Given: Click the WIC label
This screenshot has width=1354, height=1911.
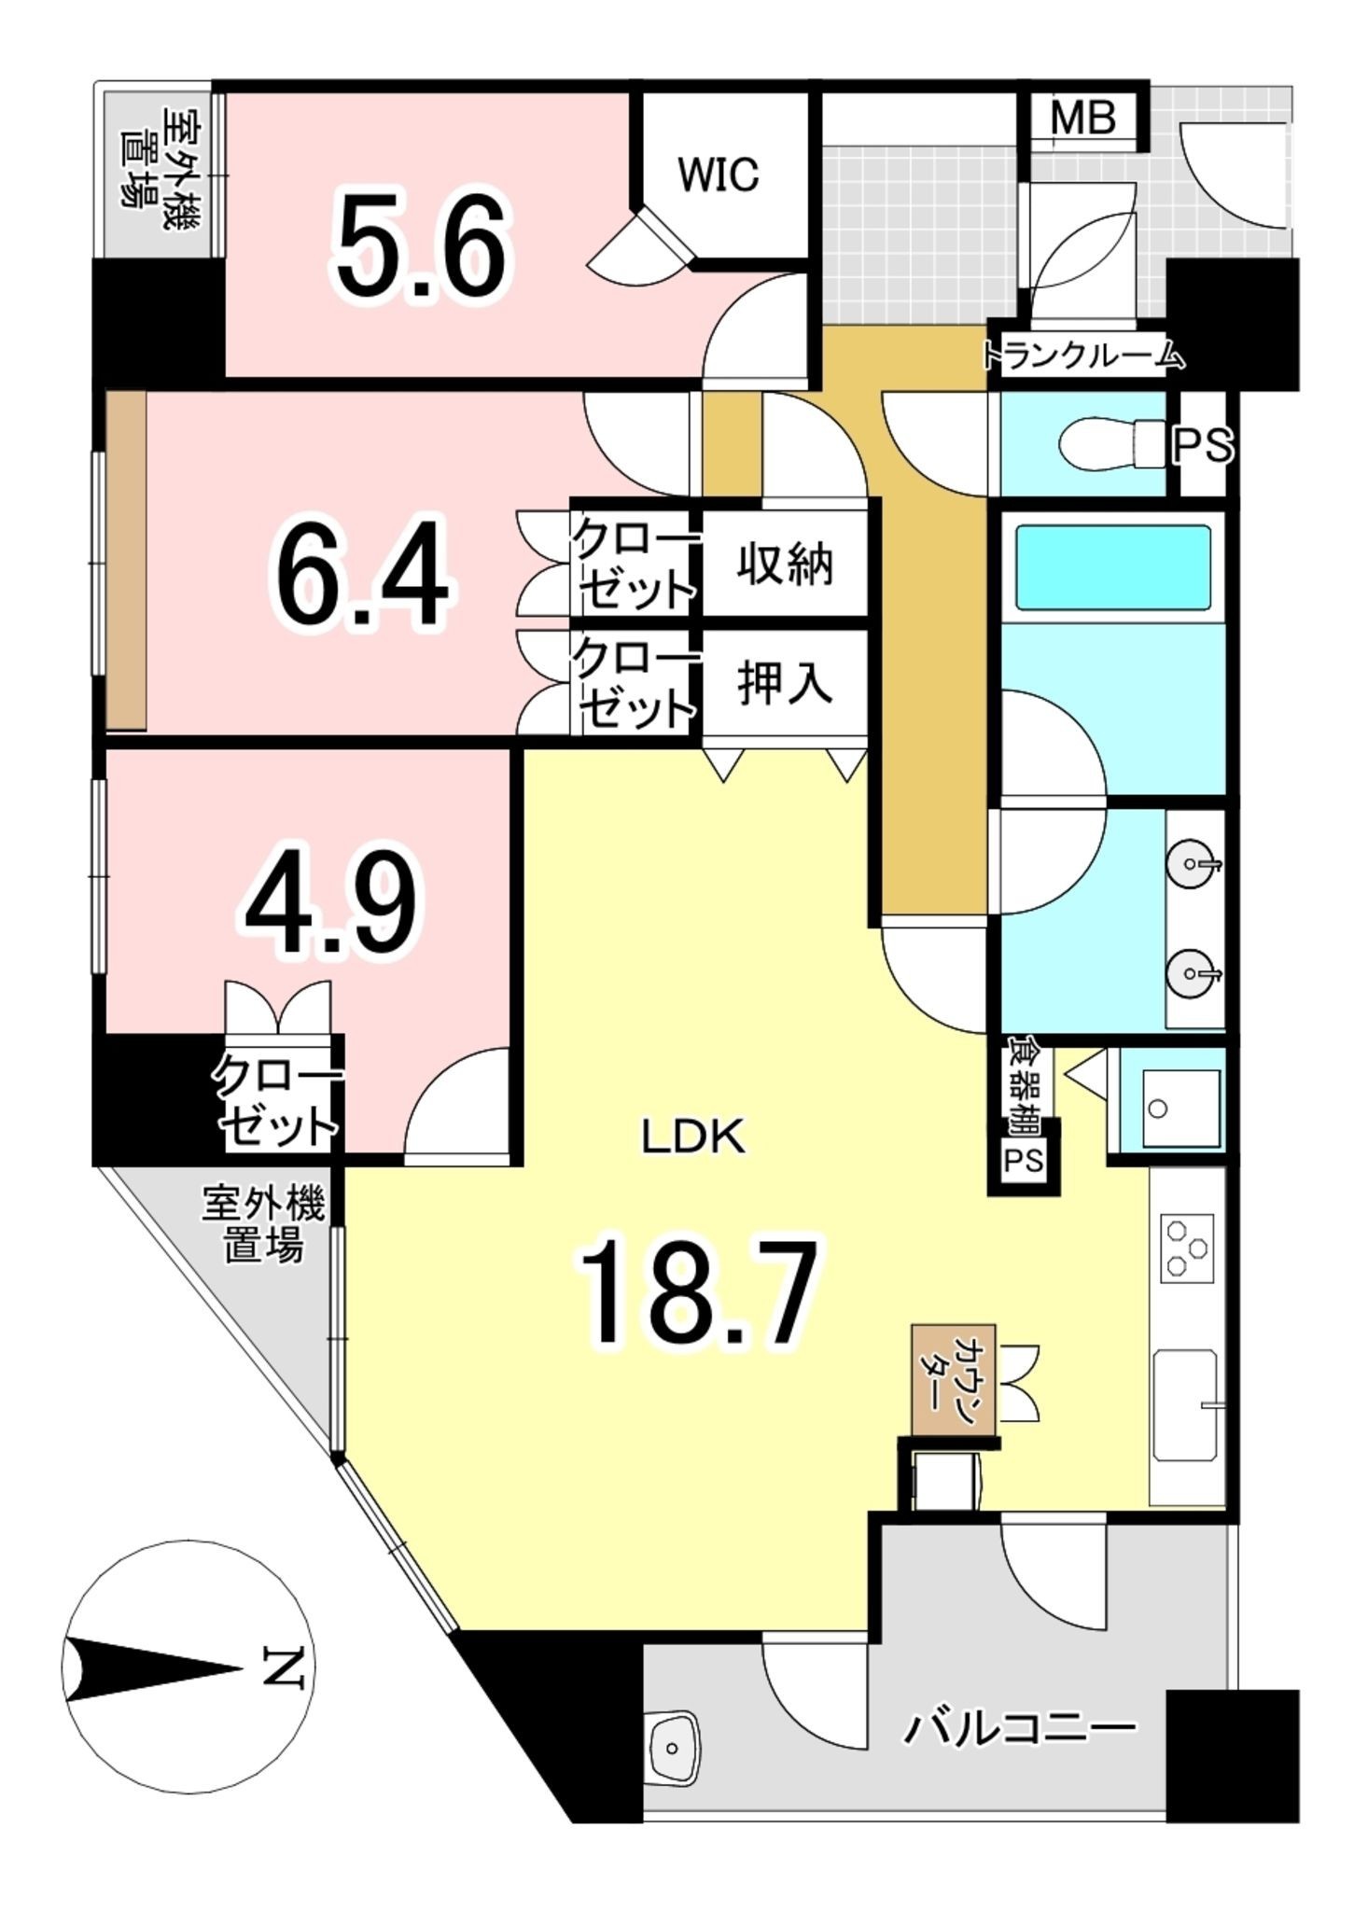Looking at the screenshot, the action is point(719,174).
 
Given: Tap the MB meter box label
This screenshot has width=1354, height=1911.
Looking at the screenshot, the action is point(1082,119).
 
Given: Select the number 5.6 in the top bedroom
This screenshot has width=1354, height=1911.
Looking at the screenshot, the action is point(423,245).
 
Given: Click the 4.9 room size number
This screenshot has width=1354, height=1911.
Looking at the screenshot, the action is point(332,902).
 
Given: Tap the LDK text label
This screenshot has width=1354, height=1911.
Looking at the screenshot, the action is point(693,1137).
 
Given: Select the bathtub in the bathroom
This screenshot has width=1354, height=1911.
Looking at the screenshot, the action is point(1113,566).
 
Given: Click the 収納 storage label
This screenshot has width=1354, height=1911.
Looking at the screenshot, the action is point(785,565).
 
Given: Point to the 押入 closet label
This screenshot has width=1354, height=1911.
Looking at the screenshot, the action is point(785,684).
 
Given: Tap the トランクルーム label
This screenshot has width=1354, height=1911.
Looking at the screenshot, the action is point(1083,355).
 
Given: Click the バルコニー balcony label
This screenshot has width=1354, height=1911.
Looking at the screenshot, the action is point(1019,1727).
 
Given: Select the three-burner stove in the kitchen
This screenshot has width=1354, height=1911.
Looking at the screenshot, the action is point(1188,1248).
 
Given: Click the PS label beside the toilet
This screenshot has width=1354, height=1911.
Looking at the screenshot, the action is point(1204,446).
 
